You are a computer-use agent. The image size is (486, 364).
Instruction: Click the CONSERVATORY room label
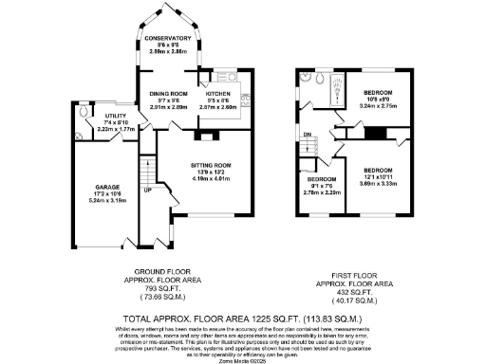[x=167, y=37]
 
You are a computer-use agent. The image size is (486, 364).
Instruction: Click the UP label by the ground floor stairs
[x=146, y=190]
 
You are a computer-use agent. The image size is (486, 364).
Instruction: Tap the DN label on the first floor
[x=307, y=135]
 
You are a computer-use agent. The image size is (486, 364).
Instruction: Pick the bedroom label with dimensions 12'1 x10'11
[x=383, y=170]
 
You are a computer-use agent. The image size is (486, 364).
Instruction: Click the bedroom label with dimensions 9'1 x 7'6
[x=321, y=178]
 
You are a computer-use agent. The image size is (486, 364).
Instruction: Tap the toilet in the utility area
[x=84, y=111]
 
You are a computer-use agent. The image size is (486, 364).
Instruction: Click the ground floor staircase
[x=146, y=172]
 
